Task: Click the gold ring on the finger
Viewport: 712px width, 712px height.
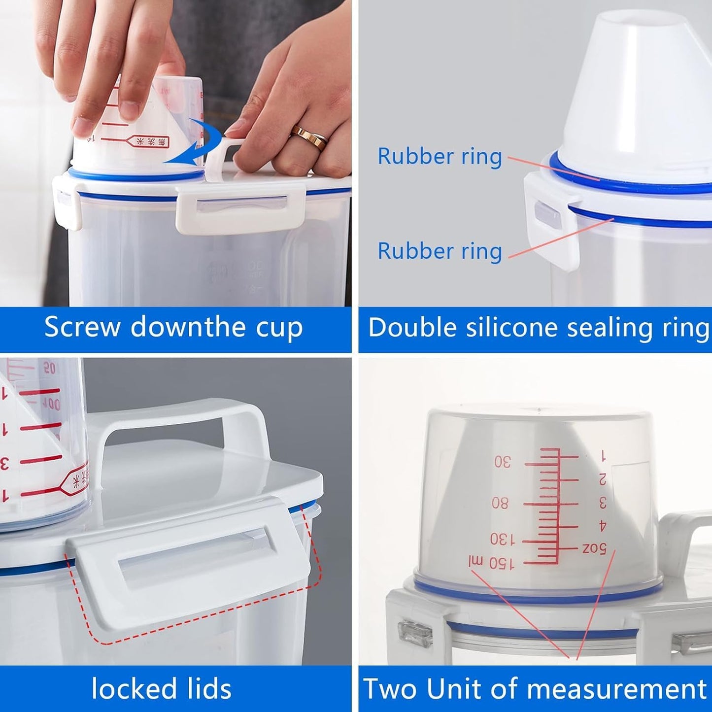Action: click(309, 137)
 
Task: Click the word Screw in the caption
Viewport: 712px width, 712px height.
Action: click(82, 327)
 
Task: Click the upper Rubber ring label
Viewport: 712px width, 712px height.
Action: click(440, 157)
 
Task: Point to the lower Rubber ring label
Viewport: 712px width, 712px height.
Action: click(440, 251)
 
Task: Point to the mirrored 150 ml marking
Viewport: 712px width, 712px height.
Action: click(491, 562)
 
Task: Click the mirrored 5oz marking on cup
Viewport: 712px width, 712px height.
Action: click(594, 547)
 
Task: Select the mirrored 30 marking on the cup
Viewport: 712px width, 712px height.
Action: click(503, 462)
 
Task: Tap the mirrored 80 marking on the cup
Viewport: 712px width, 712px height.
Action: click(500, 503)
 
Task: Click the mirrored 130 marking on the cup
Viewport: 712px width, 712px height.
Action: click(502, 539)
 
